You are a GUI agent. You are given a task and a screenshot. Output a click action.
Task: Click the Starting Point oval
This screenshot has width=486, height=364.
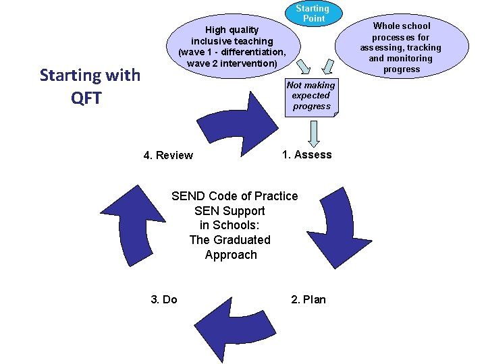point(313,13)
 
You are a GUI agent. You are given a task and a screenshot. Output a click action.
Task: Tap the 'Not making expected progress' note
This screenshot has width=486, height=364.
point(310,96)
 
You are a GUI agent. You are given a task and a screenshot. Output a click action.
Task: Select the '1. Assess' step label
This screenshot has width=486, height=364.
point(306,154)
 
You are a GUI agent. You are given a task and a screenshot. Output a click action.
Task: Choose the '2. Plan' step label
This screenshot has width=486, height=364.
point(308,299)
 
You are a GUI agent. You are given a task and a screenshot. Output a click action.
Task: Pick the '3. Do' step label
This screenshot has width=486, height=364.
point(163,299)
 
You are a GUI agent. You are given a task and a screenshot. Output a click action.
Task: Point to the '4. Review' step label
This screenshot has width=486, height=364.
point(168,155)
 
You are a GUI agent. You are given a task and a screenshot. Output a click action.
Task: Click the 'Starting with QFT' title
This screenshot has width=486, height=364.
point(90,86)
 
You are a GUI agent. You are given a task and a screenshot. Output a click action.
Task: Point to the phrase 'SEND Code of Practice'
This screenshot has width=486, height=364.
point(234,196)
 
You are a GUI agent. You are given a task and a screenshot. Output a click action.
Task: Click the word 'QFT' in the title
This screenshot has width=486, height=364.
point(86,98)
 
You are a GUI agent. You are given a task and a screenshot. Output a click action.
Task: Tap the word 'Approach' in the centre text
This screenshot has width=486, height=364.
point(231,255)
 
